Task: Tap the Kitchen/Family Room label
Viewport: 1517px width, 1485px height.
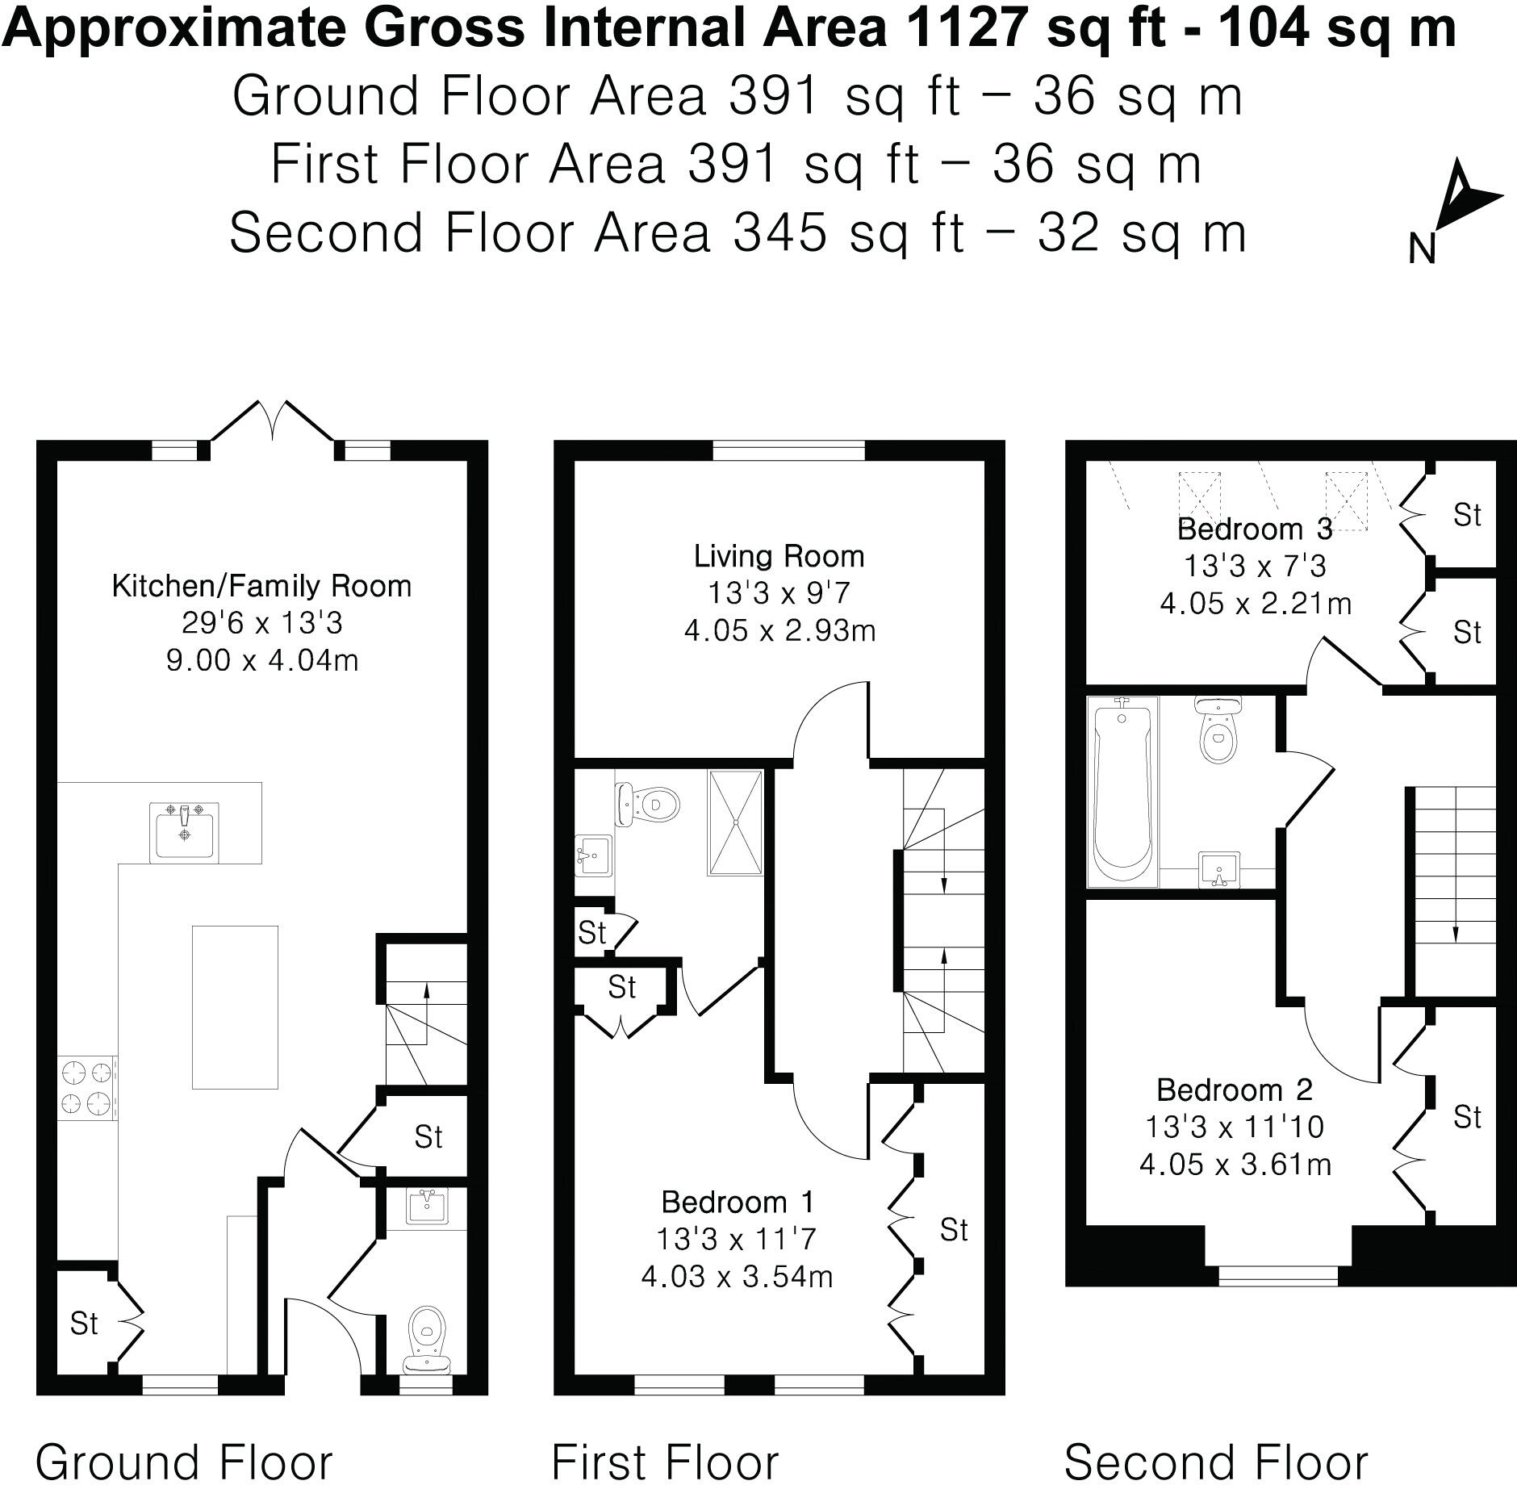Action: [261, 586]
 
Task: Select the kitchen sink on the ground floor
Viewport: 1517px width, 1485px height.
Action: [185, 830]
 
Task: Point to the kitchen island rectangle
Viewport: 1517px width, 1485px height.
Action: [235, 1006]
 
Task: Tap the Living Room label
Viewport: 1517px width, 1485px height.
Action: [779, 556]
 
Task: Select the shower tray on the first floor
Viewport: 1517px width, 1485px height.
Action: [735, 822]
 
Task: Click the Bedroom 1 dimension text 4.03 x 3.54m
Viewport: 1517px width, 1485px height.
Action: [737, 1277]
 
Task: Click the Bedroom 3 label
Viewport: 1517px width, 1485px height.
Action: [1255, 529]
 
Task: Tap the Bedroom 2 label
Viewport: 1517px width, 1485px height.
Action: [1235, 1090]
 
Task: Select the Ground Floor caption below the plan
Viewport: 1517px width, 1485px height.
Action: [184, 1462]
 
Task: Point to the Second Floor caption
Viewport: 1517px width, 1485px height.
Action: [1216, 1462]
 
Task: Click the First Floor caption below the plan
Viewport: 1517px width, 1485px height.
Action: [665, 1462]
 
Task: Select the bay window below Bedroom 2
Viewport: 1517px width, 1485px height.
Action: [1278, 1274]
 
